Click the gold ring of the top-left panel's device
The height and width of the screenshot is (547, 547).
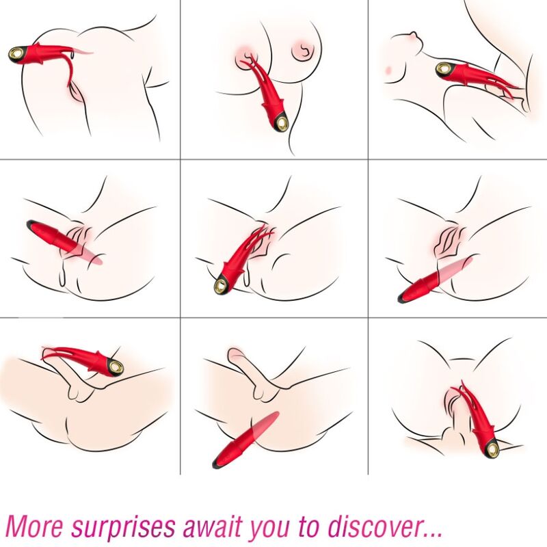[16, 53]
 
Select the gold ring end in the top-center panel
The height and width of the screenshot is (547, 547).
[280, 123]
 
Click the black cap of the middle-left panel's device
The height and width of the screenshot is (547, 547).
[31, 224]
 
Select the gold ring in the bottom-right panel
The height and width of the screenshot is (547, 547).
[491, 448]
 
